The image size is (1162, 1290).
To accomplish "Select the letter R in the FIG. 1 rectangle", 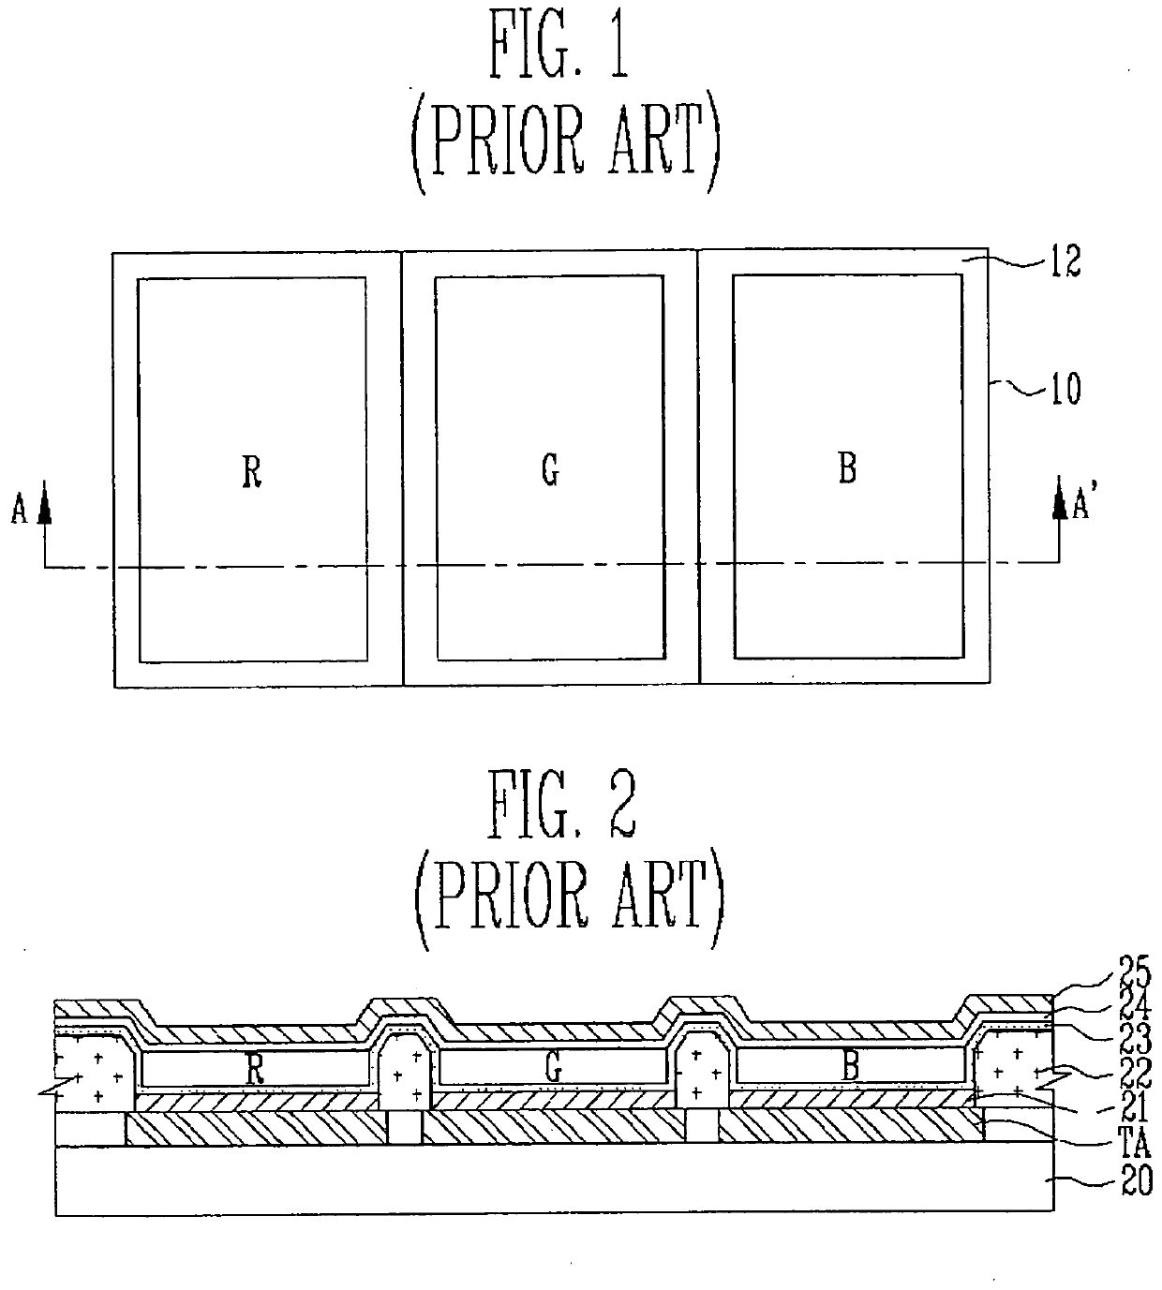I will [251, 472].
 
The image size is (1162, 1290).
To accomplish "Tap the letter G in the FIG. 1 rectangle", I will [551, 470].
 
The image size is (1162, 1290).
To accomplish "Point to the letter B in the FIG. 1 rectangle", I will [847, 468].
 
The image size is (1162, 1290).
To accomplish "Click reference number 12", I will [1062, 262].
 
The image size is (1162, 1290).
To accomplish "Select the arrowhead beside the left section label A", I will [44, 509].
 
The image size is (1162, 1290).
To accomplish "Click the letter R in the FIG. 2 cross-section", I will [254, 1071].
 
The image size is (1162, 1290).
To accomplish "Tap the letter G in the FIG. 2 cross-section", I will [554, 1069].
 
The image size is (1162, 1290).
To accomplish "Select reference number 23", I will [1133, 1038].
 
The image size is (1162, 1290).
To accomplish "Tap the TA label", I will [1133, 1144].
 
